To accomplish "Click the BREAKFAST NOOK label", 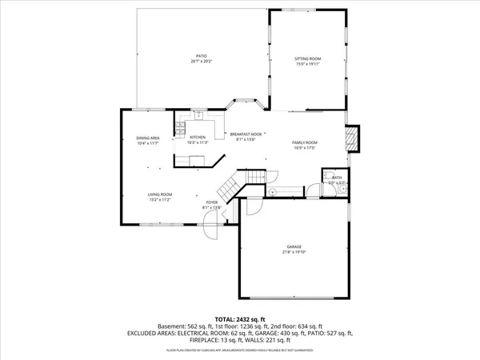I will [x=246, y=134].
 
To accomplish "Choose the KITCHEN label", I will [x=198, y=137].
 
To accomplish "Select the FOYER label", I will [x=212, y=202].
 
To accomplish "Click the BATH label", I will [x=337, y=178].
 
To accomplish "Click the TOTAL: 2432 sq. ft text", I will [x=240, y=318].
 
